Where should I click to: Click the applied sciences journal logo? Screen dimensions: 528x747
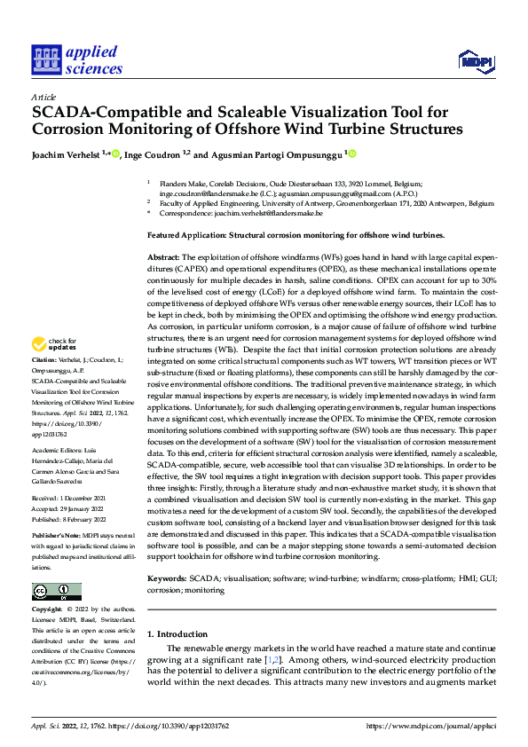pyautogui.click(x=76, y=59)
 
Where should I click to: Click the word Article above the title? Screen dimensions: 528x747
pyautogui.click(x=43, y=97)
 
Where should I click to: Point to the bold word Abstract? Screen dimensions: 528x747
pyautogui.click(x=164, y=256)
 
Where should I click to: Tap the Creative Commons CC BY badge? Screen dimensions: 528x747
pyautogui.click(x=56, y=592)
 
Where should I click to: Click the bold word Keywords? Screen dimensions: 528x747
pyautogui.click(x=165, y=578)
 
